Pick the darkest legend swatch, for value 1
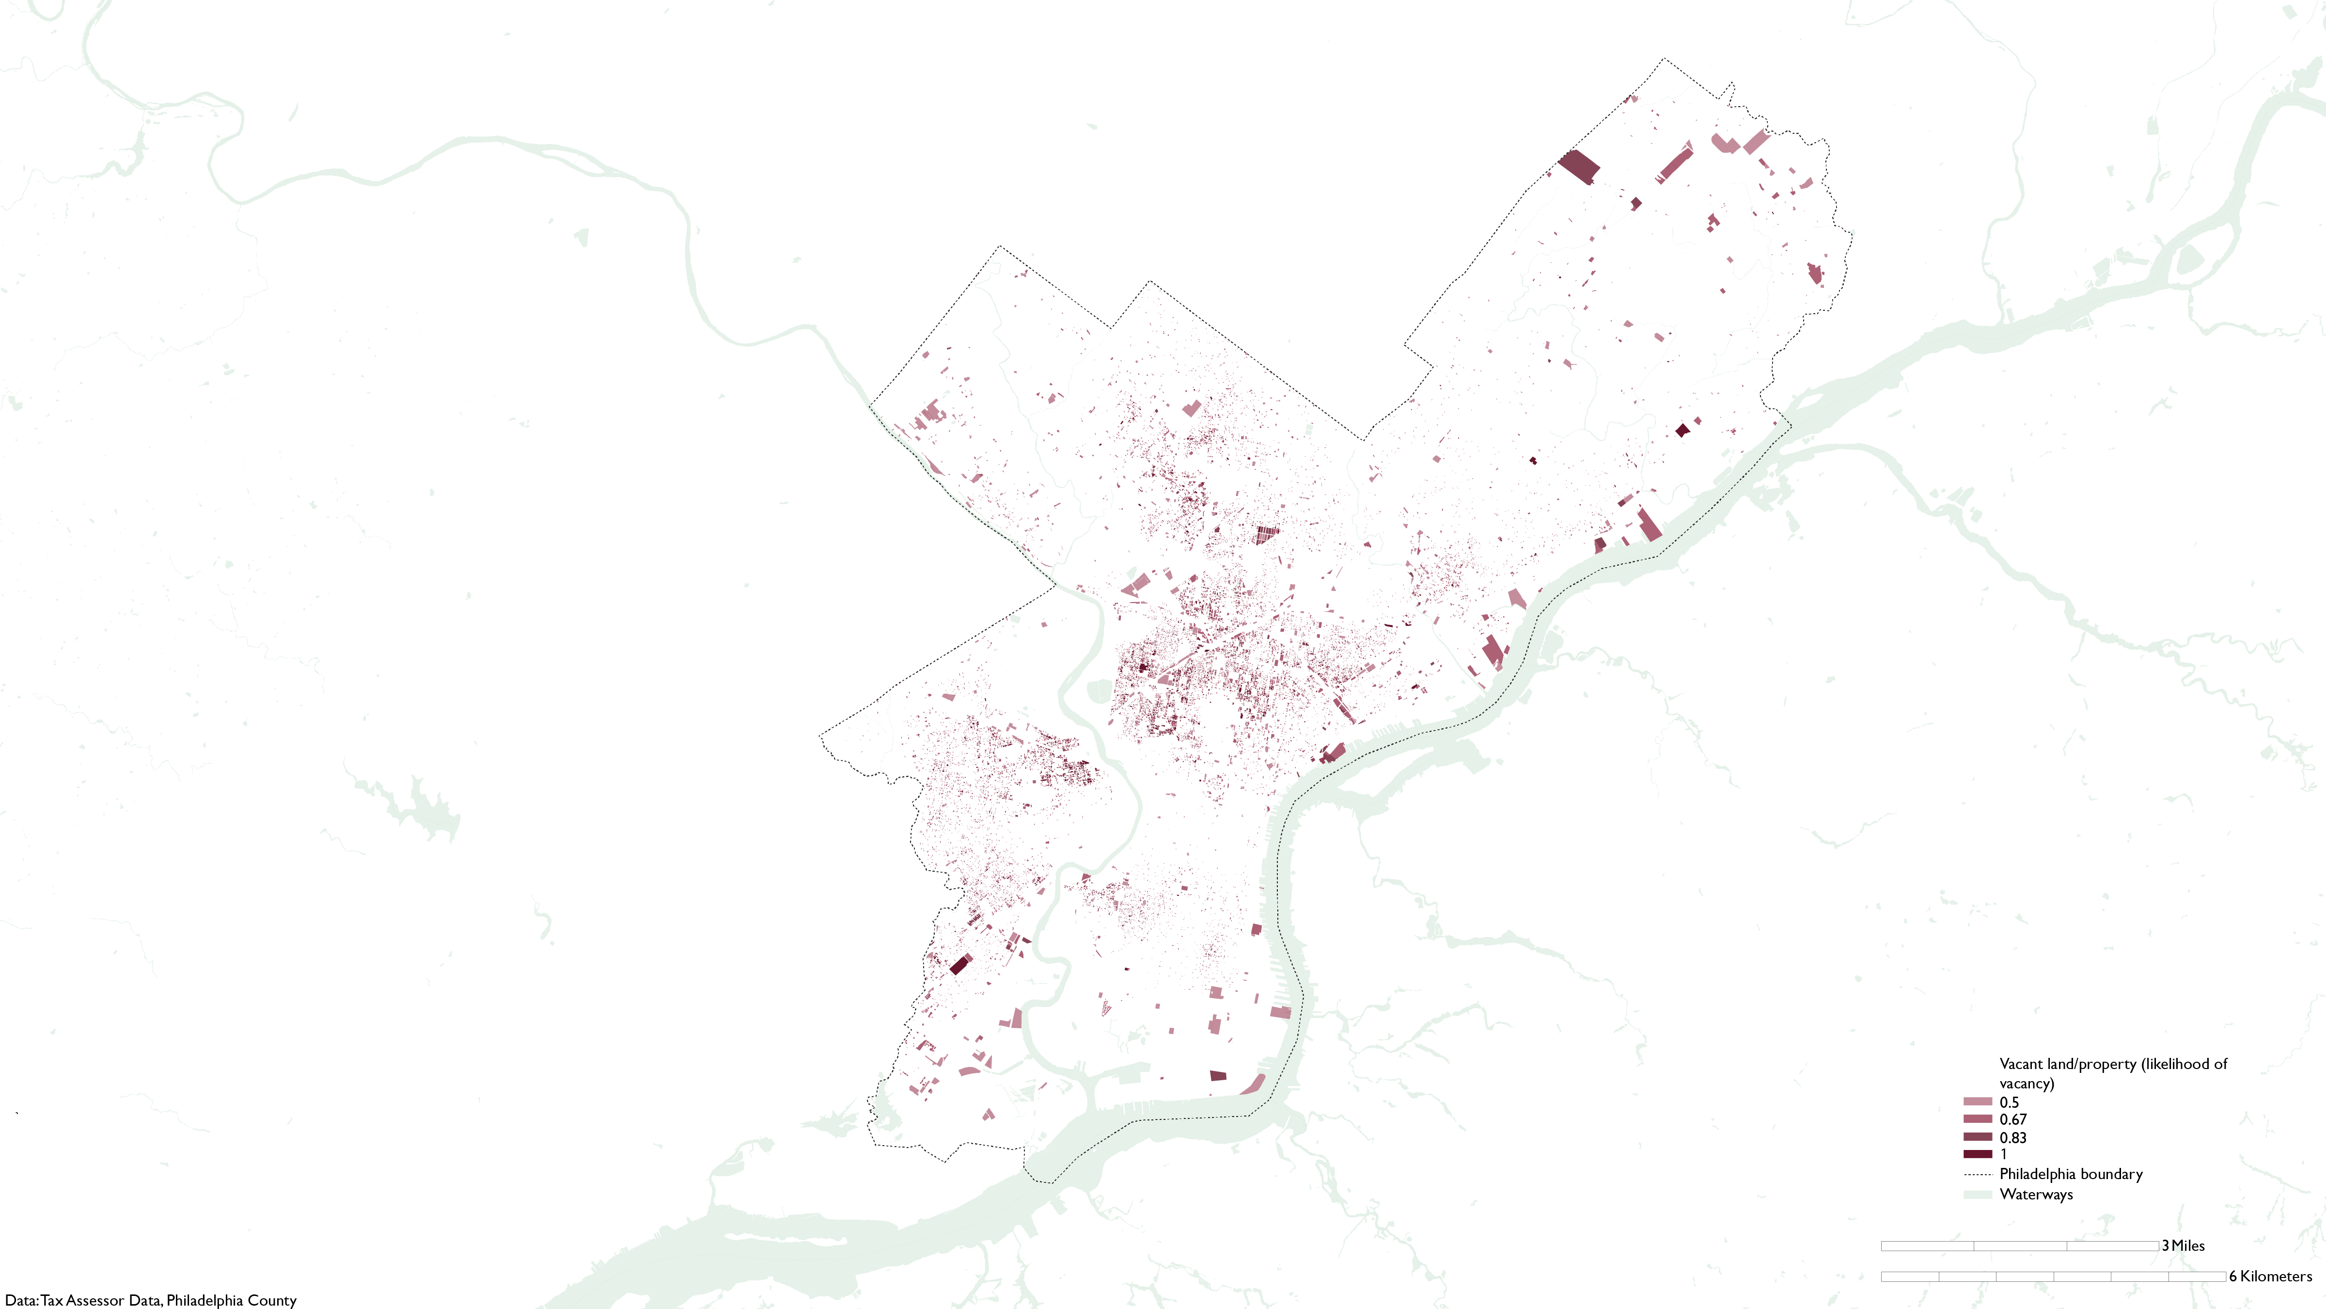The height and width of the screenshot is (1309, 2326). click(1978, 1154)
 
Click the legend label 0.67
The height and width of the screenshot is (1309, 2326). click(2012, 1119)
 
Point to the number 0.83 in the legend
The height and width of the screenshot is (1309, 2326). click(2012, 1137)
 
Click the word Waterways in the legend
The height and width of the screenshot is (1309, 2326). click(2036, 1194)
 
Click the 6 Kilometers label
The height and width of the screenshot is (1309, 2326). click(2270, 1277)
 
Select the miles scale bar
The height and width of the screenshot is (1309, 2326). click(2020, 1246)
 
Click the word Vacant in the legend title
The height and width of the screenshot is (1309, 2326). click(2022, 1064)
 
